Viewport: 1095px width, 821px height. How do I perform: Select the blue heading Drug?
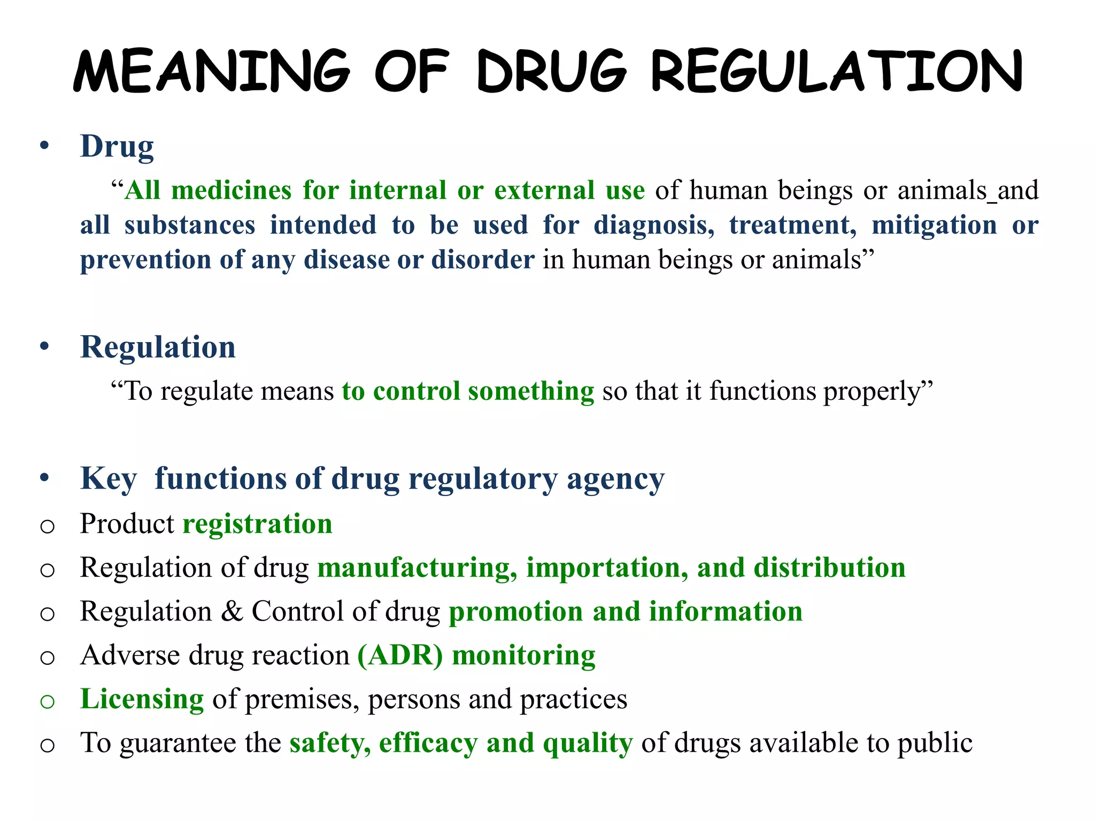pos(117,146)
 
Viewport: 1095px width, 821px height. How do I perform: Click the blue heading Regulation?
pos(158,347)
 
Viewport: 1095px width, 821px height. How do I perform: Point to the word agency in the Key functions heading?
pos(615,479)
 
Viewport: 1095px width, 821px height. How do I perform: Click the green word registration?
pos(257,524)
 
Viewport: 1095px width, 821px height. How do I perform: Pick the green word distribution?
pos(830,568)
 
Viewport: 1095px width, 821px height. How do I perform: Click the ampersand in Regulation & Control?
pos(232,611)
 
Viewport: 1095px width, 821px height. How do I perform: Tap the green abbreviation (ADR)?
pos(400,656)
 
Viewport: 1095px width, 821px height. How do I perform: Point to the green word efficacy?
pos(428,743)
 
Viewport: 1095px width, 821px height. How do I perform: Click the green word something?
pos(530,391)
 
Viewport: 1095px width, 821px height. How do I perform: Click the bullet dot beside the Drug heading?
pos(44,146)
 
